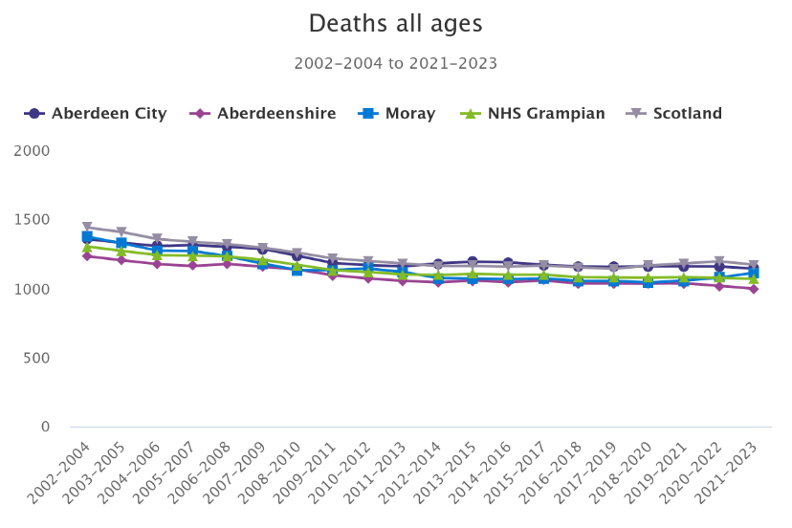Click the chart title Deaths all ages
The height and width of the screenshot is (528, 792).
coord(395,23)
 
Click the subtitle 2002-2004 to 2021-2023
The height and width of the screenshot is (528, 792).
coord(395,64)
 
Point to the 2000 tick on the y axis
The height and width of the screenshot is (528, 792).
coord(33,151)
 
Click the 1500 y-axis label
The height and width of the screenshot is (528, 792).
coord(33,220)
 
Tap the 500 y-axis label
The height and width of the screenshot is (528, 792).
coord(37,358)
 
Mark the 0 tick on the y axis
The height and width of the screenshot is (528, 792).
coord(45,427)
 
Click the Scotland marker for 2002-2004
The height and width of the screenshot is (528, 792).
coord(87,228)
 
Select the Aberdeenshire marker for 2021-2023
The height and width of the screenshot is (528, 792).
coord(754,289)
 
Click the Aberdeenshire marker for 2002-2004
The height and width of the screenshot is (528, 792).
coord(87,256)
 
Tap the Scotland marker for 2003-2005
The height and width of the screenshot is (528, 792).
coord(121,232)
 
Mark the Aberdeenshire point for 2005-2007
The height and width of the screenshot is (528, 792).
coord(192,266)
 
